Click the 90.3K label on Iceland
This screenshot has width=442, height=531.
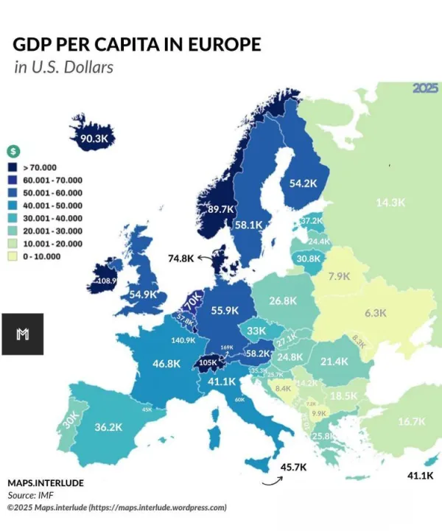94,138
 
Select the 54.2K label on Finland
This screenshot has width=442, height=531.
304,183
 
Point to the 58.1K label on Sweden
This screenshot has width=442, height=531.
249,225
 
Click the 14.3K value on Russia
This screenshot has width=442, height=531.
390,203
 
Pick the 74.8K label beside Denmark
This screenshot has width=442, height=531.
180,259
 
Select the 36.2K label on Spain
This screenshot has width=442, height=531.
108,426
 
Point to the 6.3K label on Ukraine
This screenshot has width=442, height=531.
375,312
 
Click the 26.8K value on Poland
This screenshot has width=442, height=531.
283,300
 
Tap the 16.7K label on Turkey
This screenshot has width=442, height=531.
411,421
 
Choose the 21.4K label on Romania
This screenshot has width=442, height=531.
334,362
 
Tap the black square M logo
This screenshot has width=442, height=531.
22,334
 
